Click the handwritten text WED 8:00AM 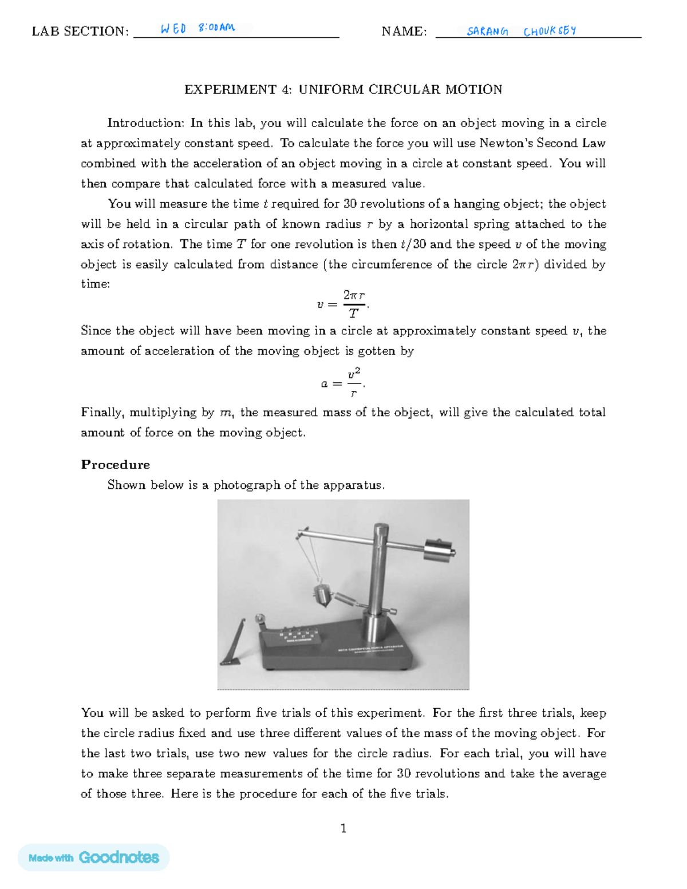[198, 28]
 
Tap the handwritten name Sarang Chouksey [521, 31]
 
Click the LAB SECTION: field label [80, 31]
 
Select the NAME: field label [404, 31]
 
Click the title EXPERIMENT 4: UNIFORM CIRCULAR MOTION [343, 89]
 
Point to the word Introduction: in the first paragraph [145, 123]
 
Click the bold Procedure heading [115, 464]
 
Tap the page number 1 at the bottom [343, 828]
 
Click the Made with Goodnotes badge [94, 857]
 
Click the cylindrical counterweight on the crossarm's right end [439, 551]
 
